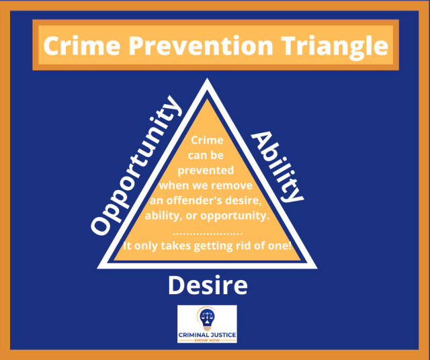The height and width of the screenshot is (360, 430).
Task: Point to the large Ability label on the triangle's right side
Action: point(278,167)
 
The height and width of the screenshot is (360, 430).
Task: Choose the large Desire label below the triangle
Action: point(208,285)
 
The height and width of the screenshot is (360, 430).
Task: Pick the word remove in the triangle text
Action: point(234,185)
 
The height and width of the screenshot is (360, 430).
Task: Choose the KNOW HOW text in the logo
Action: point(207,339)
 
